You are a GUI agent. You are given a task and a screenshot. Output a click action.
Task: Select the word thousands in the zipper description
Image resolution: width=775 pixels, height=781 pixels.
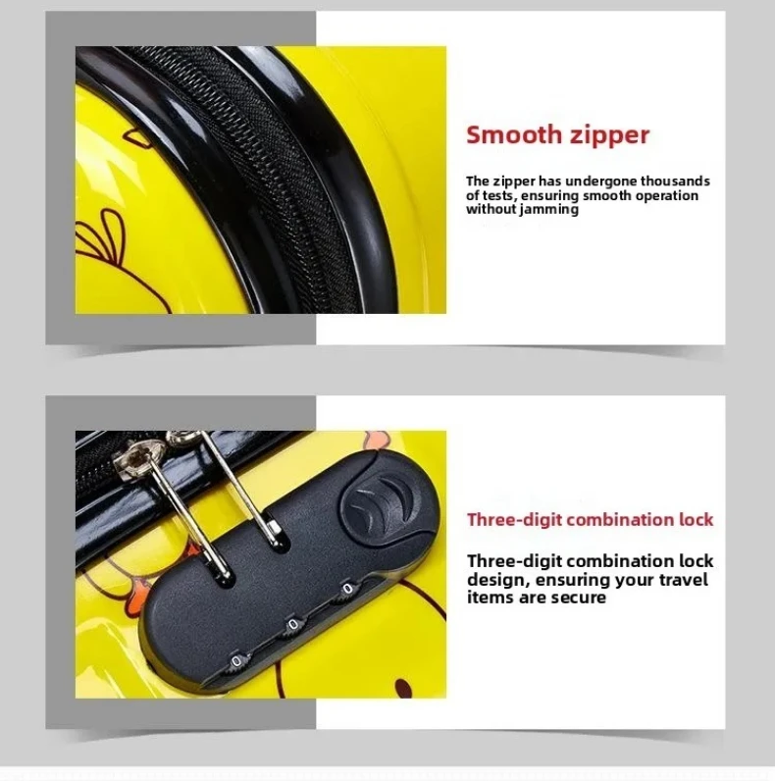(x=675, y=181)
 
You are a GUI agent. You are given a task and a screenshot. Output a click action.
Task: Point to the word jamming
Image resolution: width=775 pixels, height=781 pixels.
(x=549, y=210)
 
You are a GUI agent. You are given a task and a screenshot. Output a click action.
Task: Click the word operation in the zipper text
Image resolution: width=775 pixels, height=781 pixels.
(x=666, y=196)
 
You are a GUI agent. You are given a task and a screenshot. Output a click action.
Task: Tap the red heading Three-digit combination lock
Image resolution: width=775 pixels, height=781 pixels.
(x=591, y=520)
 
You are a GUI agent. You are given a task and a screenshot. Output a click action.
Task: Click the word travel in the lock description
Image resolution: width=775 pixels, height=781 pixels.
(x=684, y=580)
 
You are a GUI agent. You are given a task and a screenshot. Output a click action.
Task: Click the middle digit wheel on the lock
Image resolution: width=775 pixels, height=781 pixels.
(x=294, y=625)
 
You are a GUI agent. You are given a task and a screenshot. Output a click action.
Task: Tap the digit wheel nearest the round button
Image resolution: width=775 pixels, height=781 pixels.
(x=347, y=590)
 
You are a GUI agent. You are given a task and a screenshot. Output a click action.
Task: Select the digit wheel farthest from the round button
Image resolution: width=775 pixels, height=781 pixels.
(x=236, y=662)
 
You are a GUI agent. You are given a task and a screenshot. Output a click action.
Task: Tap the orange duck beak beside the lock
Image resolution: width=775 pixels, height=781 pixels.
(x=136, y=597)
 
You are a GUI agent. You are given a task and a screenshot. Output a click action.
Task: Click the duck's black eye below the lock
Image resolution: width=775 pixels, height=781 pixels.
(x=403, y=689)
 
